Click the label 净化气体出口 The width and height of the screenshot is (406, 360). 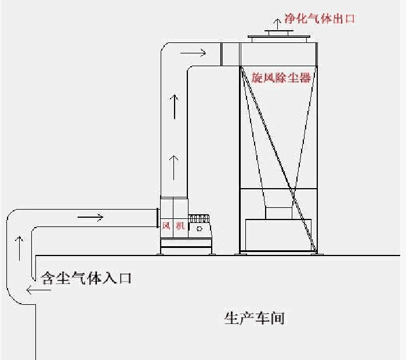click(x=320, y=19)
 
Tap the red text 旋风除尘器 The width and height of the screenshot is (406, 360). click(x=281, y=77)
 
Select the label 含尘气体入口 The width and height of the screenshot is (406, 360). click(x=86, y=278)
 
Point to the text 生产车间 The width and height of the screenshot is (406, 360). click(x=254, y=318)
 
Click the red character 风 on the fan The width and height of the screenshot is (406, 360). click(x=166, y=226)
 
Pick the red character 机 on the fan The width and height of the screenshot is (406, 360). click(x=180, y=226)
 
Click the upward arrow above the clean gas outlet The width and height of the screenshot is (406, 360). click(x=277, y=24)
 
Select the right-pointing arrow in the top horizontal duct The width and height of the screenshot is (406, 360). click(x=193, y=53)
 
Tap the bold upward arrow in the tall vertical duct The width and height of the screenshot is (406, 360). click(x=175, y=106)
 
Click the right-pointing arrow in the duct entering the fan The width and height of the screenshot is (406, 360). click(x=90, y=217)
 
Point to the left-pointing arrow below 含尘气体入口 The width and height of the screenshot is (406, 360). click(x=39, y=290)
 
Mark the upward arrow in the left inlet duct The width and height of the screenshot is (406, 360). click(x=19, y=249)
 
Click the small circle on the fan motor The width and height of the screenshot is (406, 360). click(x=199, y=229)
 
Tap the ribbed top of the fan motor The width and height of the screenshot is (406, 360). click(x=199, y=218)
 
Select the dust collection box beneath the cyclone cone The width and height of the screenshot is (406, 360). click(x=278, y=235)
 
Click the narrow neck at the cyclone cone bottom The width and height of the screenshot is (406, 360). click(x=278, y=213)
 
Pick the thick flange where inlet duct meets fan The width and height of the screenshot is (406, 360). click(x=158, y=218)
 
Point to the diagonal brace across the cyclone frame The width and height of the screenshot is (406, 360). click(x=279, y=160)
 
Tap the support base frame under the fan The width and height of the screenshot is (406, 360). click(x=186, y=246)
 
